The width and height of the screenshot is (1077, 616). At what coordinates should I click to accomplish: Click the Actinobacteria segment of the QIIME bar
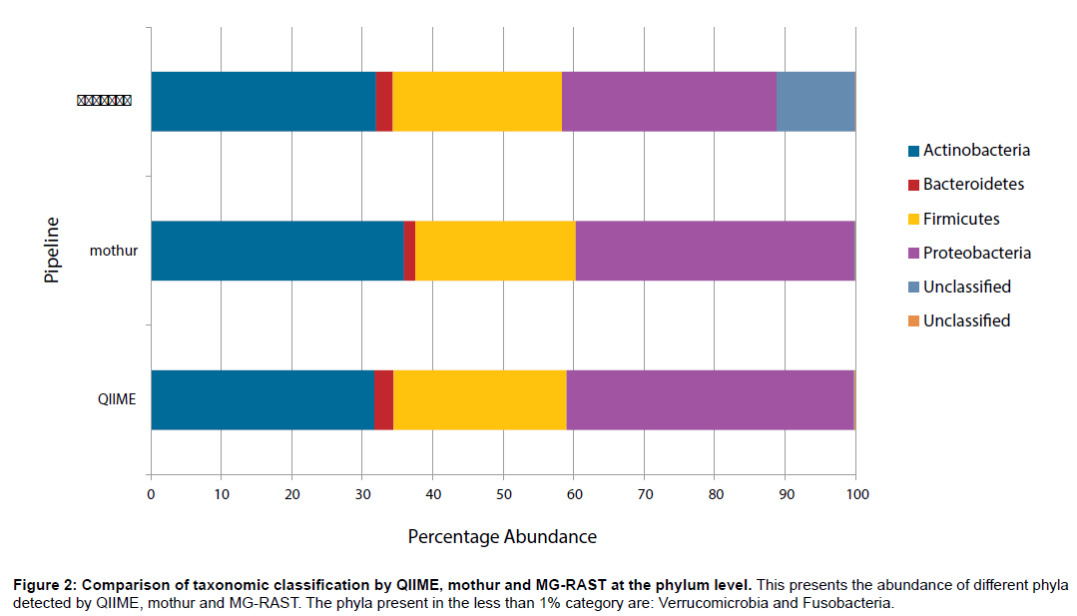(x=263, y=399)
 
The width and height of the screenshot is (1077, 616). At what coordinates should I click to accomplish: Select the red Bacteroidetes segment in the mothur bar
(x=409, y=251)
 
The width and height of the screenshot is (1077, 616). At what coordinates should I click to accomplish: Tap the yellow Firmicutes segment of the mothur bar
(x=495, y=251)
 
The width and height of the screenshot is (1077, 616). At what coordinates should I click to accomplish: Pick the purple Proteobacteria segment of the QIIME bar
(x=710, y=399)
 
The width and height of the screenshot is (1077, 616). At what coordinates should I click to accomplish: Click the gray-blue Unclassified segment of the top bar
(x=815, y=102)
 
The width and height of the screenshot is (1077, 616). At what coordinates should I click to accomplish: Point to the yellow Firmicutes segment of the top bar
(x=477, y=102)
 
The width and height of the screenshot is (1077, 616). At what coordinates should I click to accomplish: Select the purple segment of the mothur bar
(x=715, y=251)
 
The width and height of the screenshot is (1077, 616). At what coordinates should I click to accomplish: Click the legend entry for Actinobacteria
(x=975, y=151)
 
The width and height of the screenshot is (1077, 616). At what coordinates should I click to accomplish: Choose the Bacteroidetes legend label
(x=973, y=185)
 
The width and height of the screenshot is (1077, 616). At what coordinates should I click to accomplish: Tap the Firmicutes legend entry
(x=960, y=219)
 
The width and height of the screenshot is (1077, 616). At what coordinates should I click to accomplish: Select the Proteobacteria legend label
(x=976, y=253)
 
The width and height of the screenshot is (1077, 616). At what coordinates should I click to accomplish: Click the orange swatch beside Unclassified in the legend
(x=913, y=321)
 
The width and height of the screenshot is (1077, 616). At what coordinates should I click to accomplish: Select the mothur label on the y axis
(x=113, y=251)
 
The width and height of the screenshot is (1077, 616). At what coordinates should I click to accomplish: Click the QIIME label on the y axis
(x=117, y=399)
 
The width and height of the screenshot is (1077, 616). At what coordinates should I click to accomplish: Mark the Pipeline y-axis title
(x=53, y=251)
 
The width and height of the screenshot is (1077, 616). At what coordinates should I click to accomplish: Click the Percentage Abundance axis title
(x=502, y=537)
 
